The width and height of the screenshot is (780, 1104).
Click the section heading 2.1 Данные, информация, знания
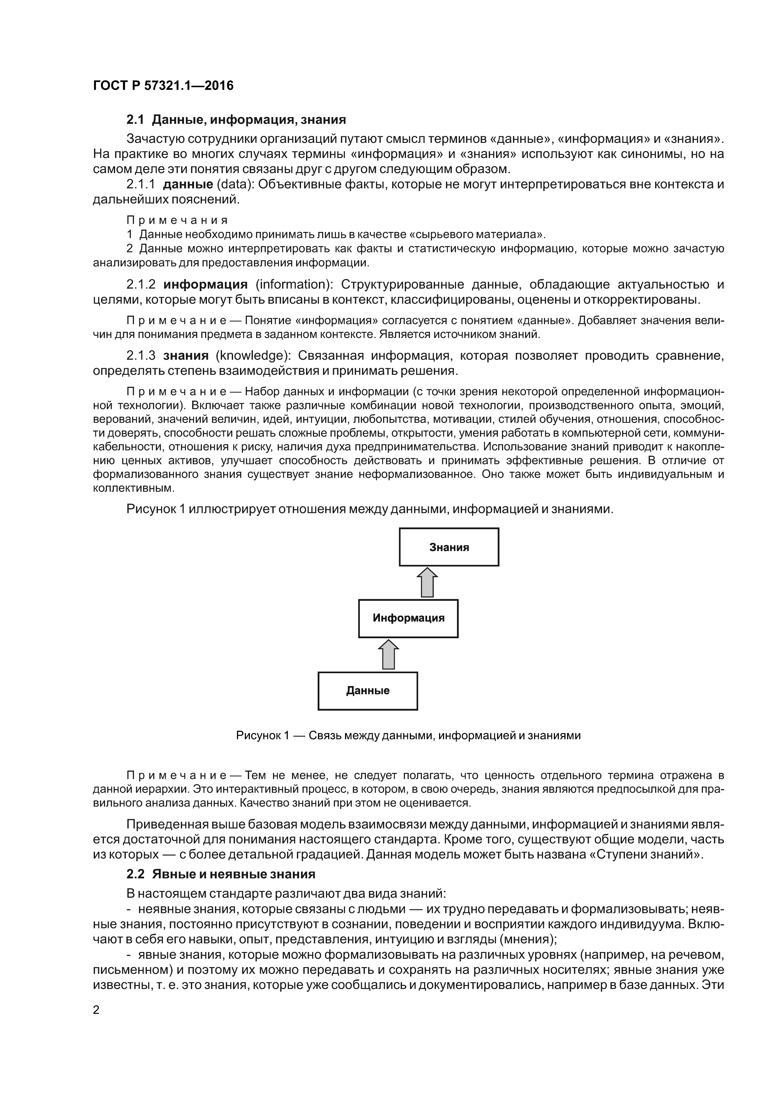[x=236, y=119]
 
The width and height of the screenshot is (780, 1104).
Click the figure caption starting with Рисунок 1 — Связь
[x=408, y=736]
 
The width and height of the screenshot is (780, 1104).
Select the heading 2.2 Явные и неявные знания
[x=220, y=874]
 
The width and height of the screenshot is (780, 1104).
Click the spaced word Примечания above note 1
[x=176, y=220]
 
